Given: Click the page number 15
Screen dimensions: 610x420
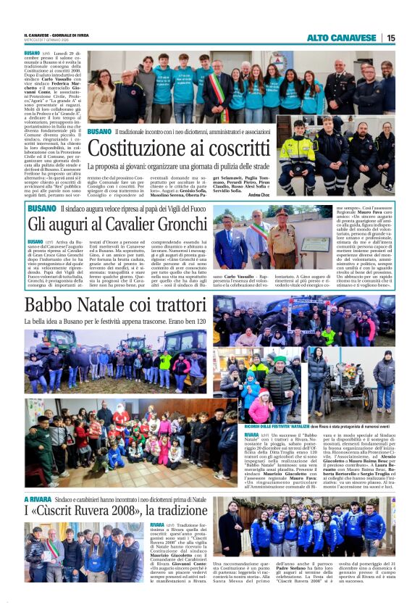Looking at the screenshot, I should click(x=391, y=38).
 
